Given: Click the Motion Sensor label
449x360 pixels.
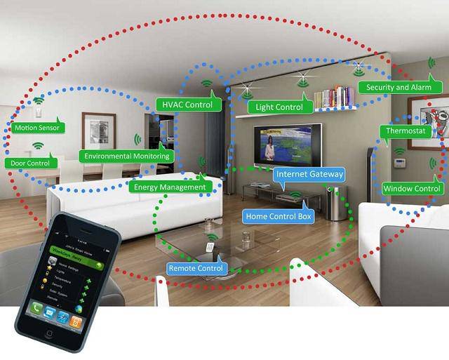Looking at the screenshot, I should click(39, 128).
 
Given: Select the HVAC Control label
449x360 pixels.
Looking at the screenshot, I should click(188, 105).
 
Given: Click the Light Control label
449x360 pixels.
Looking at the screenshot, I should click(279, 107).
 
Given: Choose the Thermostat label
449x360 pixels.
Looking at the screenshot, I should click(404, 131).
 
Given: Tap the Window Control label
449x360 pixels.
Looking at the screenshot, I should click(413, 188).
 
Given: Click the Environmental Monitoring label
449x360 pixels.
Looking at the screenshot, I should click(126, 156).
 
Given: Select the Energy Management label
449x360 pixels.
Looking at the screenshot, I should click(169, 187).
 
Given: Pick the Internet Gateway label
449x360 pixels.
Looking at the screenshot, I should click(309, 173).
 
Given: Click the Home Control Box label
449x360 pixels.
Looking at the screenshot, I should click(278, 216).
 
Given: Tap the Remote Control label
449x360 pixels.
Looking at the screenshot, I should click(196, 268).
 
